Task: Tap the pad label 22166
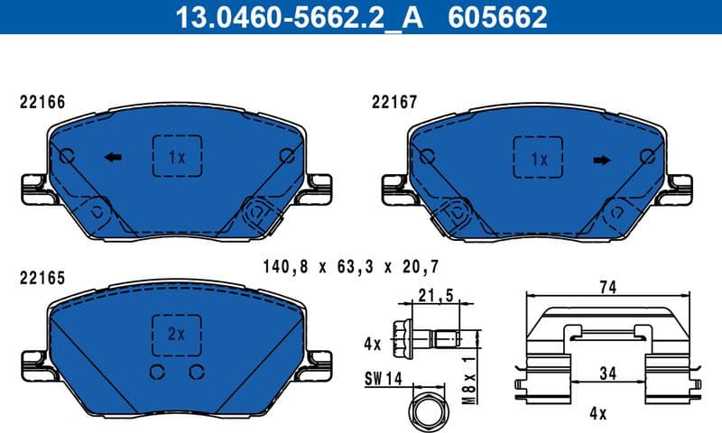[42, 103]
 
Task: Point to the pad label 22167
[394, 103]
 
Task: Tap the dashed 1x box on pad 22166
[177, 157]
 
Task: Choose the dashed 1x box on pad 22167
[538, 160]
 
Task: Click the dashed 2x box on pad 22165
[177, 333]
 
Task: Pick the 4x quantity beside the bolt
[373, 343]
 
